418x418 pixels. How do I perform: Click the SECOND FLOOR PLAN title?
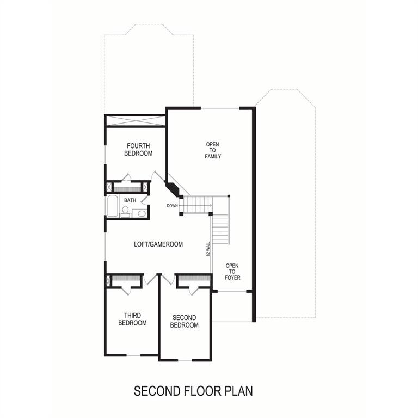pos(193,391)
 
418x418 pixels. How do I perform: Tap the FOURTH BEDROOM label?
pos(138,150)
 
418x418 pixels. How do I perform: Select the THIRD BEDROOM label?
pos(132,319)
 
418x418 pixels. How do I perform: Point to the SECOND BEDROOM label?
pos(184,321)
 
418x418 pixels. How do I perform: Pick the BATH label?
pos(130,200)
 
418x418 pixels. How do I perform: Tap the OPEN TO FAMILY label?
pos(213,150)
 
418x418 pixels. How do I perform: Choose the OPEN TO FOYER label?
pos(232,272)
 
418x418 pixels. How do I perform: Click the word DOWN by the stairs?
pos(172,206)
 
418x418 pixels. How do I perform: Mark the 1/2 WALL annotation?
pos(208,249)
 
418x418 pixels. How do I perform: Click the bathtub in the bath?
pos(112,206)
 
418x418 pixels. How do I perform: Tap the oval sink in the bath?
pos(142,213)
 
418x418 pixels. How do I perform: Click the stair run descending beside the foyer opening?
pos(220,229)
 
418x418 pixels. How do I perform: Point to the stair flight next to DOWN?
pos(196,205)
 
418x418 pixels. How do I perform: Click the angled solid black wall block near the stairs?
pos(174,189)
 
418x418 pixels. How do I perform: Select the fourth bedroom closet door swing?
pos(126,177)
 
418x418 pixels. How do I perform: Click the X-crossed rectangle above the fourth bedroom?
pos(135,121)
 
